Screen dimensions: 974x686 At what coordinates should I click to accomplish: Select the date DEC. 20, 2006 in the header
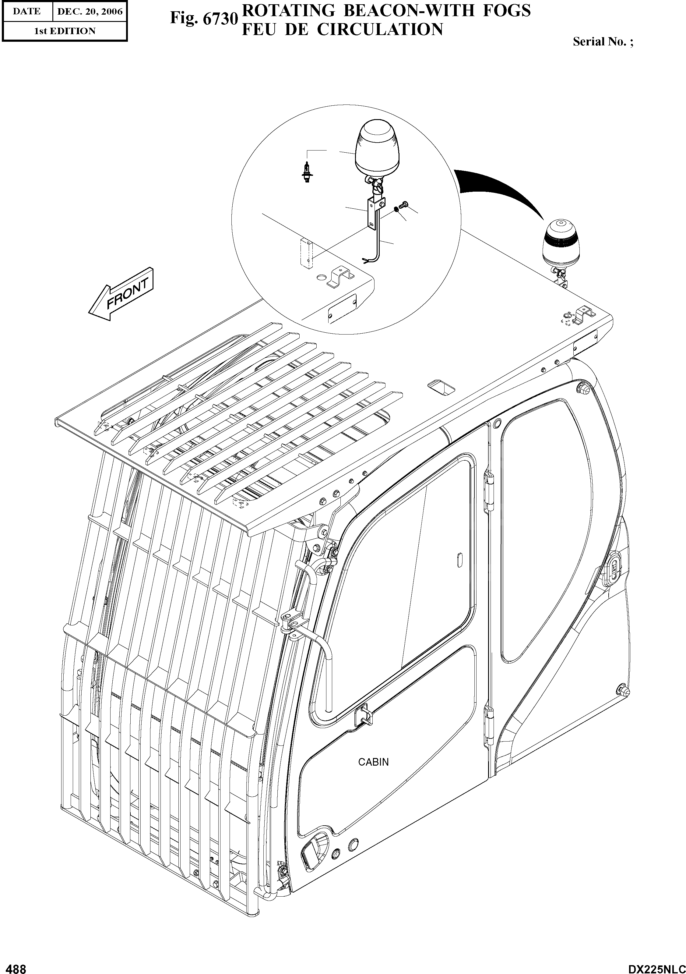click(90, 12)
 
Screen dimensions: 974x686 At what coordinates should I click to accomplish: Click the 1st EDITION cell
click(65, 31)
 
